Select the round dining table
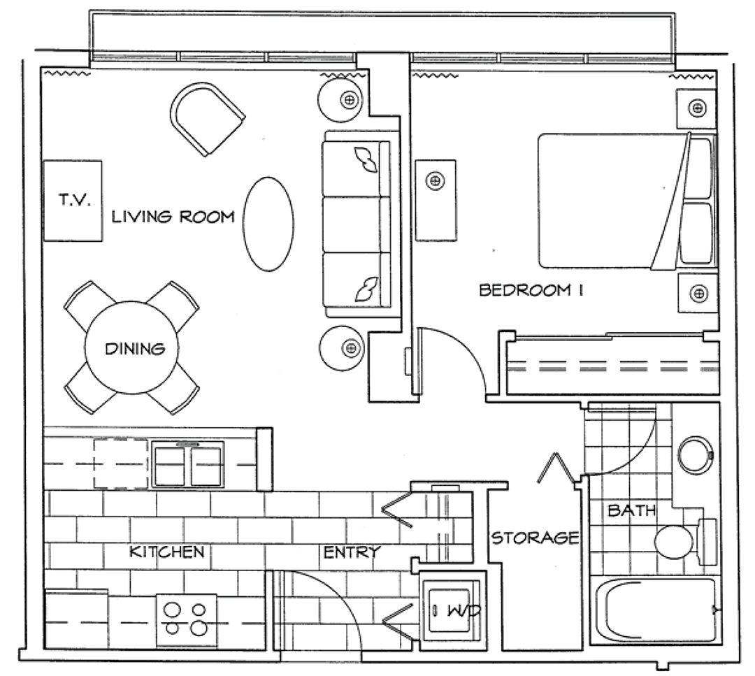pos(131,347)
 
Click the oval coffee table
pos(268,224)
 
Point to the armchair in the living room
pos(207,118)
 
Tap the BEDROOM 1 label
pos(531,290)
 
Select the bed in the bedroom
pos(626,201)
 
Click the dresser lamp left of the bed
pos(436,181)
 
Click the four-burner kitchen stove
pos(187,619)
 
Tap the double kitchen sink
pos(188,465)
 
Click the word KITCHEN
pos(166,552)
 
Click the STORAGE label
pos(535,538)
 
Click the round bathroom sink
pos(695,454)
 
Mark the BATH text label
pos(632,510)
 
